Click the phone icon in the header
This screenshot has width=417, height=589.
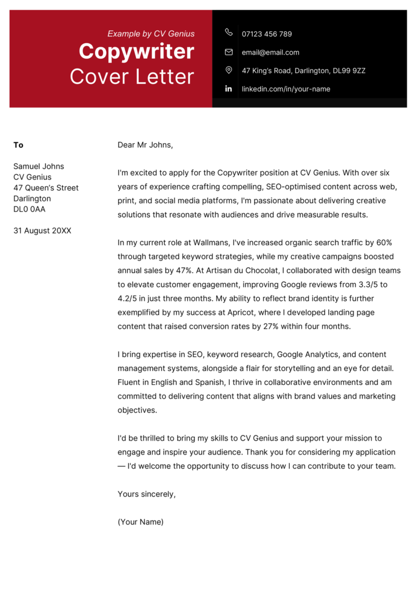(229, 33)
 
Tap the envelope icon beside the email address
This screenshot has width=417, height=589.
(229, 52)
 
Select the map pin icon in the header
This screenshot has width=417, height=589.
(229, 70)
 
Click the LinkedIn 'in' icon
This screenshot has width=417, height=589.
(229, 89)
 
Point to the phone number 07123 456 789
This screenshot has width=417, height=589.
(267, 34)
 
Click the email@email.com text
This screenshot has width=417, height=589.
(270, 52)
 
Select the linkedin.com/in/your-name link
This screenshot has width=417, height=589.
(286, 89)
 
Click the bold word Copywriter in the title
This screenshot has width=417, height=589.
(137, 52)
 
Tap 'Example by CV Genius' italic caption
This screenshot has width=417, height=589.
(151, 34)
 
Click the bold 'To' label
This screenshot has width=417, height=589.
(18, 145)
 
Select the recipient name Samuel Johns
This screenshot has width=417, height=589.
(39, 166)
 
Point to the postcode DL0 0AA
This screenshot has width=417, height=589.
(29, 209)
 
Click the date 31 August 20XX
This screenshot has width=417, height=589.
(42, 231)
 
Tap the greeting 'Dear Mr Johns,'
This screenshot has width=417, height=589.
(145, 145)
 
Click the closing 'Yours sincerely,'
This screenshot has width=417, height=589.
(146, 494)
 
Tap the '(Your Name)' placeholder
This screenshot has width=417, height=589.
(141, 522)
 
